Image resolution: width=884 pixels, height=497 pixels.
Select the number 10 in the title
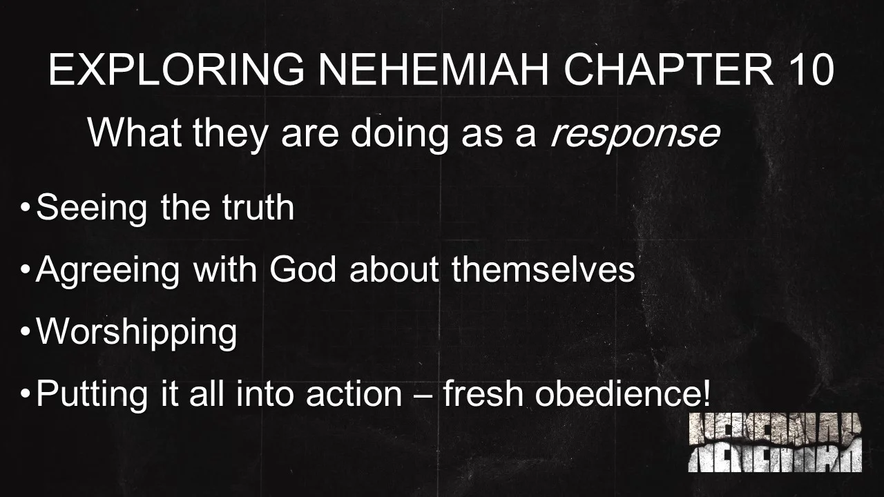click(809, 70)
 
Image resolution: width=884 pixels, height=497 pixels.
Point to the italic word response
click(634, 133)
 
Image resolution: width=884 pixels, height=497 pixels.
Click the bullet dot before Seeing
click(26, 207)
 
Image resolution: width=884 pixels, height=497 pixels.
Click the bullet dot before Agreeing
click(26, 269)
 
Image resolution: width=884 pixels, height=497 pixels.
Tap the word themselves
click(543, 269)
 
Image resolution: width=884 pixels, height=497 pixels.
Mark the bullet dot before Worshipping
click(26, 332)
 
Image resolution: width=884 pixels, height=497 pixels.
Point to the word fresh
click(483, 394)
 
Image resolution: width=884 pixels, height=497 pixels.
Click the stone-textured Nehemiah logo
click(775, 442)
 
